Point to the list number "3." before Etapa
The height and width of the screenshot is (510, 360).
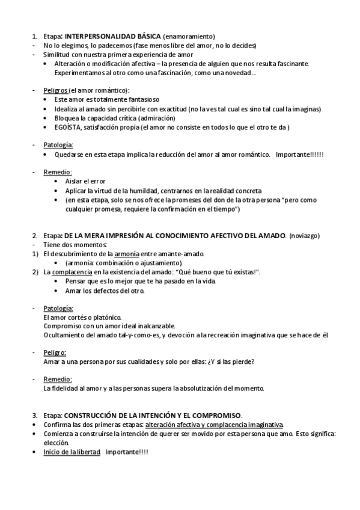(x=35, y=416)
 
